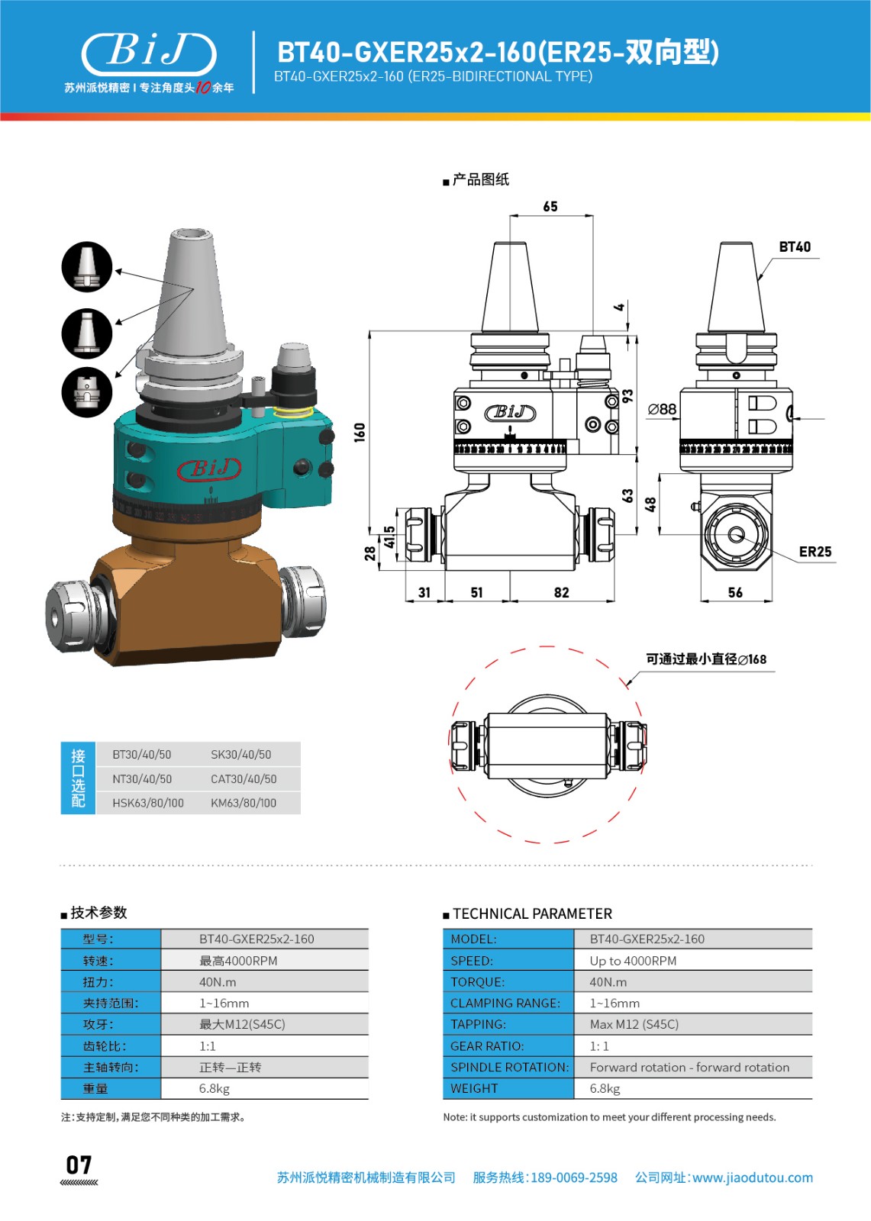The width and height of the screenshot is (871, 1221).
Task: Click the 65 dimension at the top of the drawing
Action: [550, 207]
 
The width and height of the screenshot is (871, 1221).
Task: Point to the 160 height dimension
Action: [360, 433]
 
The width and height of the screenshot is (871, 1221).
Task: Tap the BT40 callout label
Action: [795, 247]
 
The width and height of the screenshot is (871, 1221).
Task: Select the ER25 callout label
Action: [815, 552]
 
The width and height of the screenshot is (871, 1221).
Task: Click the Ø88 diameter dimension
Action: [662, 410]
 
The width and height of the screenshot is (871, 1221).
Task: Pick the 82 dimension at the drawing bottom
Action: [562, 593]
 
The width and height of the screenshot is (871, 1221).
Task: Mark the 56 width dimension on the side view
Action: [735, 593]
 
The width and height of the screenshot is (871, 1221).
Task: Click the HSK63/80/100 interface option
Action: [148, 803]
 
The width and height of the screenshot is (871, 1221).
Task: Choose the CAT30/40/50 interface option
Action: [244, 779]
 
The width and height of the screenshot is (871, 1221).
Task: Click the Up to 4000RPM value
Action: [633, 961]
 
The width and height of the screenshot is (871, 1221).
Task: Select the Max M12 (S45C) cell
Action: [634, 1024]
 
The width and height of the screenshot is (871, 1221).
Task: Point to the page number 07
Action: [79, 1165]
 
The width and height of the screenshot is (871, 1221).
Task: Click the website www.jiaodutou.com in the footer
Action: [753, 1178]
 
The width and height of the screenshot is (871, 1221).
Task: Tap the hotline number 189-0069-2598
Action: [573, 1178]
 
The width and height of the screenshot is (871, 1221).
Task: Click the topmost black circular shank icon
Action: [87, 267]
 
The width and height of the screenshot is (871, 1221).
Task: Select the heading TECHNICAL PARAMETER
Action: [532, 913]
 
